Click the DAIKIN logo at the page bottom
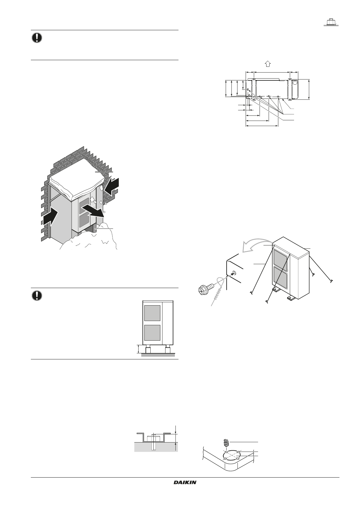point(185,483)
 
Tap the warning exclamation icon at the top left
point(37,38)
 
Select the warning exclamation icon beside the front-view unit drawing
point(37,296)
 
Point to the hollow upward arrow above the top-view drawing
point(267,63)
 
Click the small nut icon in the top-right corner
point(331,22)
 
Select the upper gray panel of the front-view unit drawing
point(152,313)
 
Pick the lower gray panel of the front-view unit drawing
point(152,332)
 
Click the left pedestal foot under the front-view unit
point(149,351)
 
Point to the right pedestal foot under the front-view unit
point(167,351)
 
